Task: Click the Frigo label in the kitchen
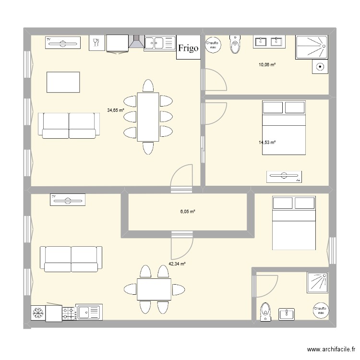point(188,48)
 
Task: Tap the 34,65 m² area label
point(116,109)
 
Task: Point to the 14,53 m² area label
point(267,142)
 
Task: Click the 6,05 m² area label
point(188,212)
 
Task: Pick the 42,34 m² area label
point(177,264)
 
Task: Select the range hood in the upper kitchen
point(137,42)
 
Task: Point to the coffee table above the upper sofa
point(63,82)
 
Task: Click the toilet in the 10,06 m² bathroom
point(235,45)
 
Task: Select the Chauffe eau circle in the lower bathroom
point(320,311)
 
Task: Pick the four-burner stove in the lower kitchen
point(68,313)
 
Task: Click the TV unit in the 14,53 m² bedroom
point(284,177)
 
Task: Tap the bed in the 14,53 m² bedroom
point(284,128)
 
